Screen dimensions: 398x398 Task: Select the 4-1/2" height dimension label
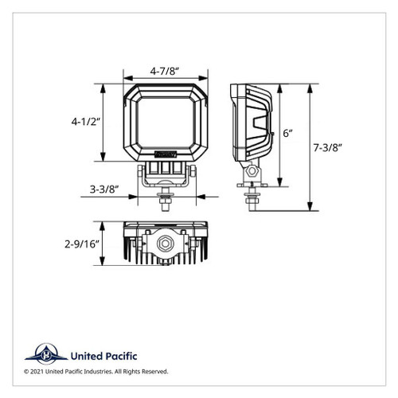(x=83, y=122)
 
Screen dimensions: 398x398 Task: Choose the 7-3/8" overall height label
(x=329, y=147)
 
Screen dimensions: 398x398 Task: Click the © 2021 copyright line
(x=96, y=372)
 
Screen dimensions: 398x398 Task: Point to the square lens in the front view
(x=166, y=120)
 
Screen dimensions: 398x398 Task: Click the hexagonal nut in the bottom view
(x=166, y=243)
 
